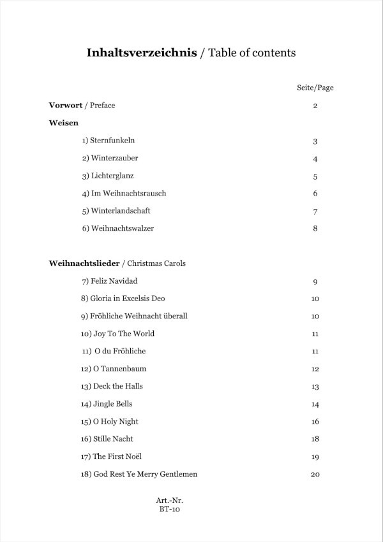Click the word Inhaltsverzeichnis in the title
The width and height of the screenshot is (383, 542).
pos(142,53)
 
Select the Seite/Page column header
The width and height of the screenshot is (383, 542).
pos(315,88)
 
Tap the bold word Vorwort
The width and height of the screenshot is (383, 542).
pos(67,105)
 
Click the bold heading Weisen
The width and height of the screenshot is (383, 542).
pos(64,123)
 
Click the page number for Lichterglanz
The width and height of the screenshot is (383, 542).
pos(315,176)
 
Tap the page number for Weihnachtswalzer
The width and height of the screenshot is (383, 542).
pos(315,228)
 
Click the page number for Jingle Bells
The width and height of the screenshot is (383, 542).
pos(315,404)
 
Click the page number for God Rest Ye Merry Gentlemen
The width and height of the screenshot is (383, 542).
pos(315,474)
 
